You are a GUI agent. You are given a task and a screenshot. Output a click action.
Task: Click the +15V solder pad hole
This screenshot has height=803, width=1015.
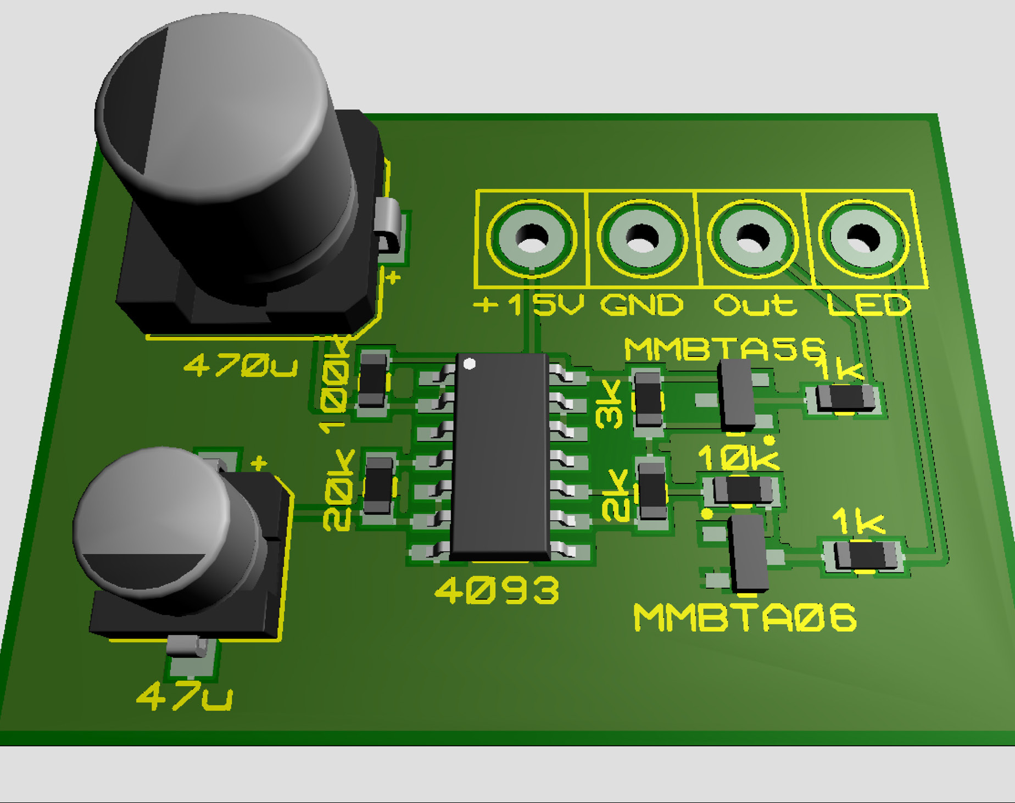[532, 238]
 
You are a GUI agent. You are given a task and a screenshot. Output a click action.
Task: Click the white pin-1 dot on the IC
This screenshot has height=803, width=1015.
[470, 364]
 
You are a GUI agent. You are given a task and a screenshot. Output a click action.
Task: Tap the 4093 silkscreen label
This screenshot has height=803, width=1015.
[497, 590]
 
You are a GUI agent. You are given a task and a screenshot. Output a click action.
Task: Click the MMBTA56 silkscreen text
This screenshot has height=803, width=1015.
[725, 349]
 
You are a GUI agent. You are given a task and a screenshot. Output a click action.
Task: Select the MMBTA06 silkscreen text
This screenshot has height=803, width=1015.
[745, 617]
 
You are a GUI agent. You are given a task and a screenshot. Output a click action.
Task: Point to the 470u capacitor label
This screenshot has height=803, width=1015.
[241, 365]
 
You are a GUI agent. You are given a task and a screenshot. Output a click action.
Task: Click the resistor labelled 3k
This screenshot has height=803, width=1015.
[648, 399]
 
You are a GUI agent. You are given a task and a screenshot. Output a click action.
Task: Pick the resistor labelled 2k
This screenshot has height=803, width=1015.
[652, 490]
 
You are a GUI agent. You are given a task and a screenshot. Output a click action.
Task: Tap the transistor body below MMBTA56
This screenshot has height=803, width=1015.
[737, 393]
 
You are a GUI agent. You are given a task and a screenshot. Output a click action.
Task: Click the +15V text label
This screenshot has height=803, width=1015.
[528, 304]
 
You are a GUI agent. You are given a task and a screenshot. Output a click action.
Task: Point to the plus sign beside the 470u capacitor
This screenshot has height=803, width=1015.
[393, 278]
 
